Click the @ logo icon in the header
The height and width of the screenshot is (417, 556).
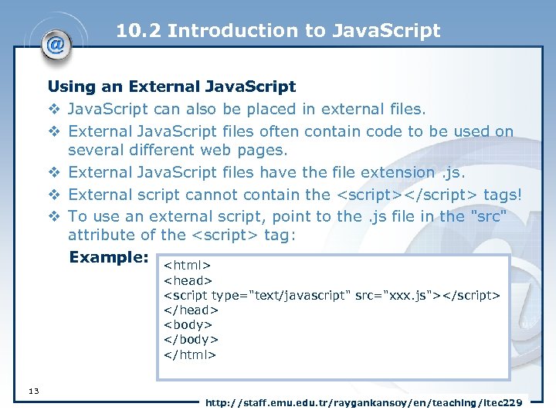point(55,44)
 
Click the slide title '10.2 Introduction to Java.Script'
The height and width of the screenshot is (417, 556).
point(278,31)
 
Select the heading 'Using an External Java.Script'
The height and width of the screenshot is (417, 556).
point(171,86)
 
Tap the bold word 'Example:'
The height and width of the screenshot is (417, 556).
point(109,257)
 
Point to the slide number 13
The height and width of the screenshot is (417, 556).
point(33,391)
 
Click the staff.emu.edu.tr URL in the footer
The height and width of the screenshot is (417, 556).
point(364,402)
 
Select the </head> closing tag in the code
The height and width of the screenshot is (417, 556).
point(190,310)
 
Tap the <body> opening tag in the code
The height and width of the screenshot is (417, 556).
point(188,325)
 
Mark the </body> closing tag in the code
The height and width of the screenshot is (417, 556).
point(191,340)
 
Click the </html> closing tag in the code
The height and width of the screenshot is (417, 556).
point(190,355)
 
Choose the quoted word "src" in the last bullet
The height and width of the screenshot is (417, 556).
point(487,217)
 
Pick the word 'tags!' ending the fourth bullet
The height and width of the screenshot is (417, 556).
point(503,195)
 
